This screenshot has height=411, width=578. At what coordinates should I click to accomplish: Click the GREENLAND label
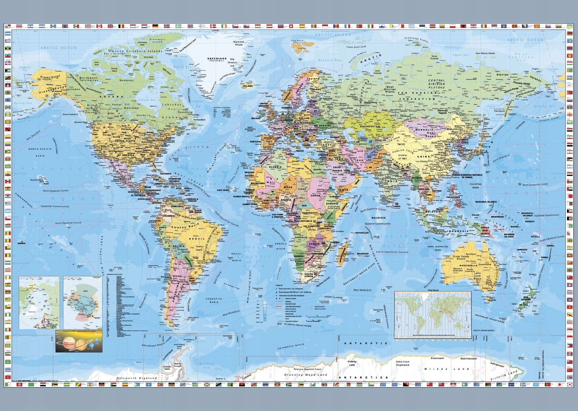[216, 59]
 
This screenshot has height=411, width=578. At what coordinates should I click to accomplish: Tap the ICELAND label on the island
[248, 86]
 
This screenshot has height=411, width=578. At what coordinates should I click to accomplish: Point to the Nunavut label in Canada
[127, 80]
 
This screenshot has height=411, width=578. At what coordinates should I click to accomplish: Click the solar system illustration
[79, 341]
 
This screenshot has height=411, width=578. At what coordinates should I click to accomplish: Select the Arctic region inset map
[39, 303]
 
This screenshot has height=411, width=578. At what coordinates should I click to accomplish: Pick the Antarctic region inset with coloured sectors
[83, 303]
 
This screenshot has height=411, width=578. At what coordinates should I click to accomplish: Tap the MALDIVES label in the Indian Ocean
[378, 218]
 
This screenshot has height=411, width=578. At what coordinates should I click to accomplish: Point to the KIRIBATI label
[529, 221]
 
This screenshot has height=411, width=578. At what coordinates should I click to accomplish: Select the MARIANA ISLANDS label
[486, 202]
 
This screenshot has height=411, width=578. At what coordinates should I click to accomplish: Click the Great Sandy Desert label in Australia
[461, 257]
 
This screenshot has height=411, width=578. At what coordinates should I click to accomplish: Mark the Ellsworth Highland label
[137, 378]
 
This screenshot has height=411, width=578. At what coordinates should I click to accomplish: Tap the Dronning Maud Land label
[306, 375]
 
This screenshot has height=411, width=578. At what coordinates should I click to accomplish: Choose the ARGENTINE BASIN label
[214, 300]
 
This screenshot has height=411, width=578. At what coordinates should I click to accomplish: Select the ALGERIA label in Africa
[275, 167]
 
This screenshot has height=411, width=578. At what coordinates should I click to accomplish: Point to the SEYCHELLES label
[362, 233]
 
